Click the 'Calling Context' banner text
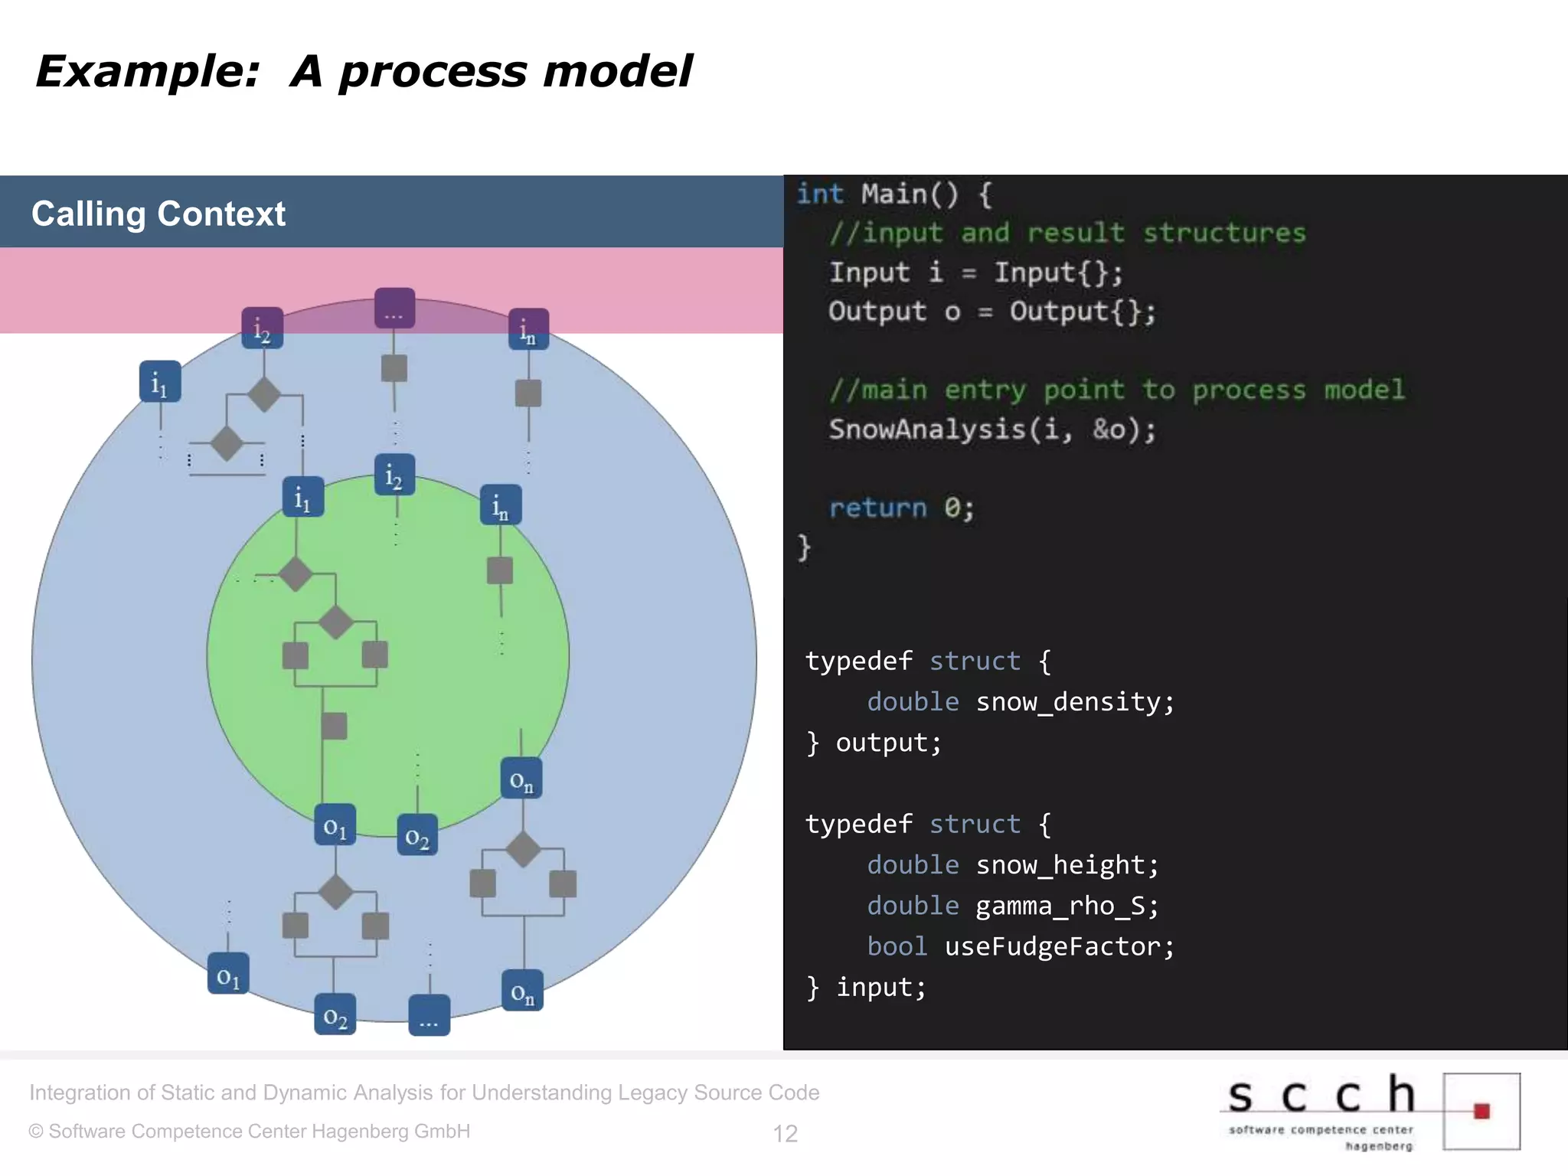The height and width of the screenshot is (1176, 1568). point(158,214)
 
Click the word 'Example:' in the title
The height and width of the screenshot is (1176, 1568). point(148,72)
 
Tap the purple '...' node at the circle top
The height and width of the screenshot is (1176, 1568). point(394,309)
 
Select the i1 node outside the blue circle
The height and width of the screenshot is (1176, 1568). point(160,381)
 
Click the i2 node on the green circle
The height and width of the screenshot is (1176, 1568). point(394,475)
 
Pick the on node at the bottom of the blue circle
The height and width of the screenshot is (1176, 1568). point(522,991)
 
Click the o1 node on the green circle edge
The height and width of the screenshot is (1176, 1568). point(335,825)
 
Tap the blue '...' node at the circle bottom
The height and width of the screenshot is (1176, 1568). point(429,1015)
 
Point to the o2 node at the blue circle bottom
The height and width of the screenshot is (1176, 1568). point(335,1014)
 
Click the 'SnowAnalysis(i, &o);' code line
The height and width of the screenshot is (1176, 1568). point(992,430)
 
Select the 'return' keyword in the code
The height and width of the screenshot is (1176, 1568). point(877,508)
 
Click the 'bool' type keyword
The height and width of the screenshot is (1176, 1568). point(897,946)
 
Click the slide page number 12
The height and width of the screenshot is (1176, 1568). point(785,1133)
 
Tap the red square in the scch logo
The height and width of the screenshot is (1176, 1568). point(1481,1111)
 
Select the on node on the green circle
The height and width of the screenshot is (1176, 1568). point(521,779)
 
